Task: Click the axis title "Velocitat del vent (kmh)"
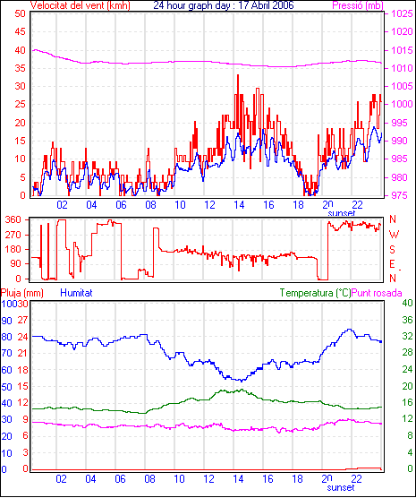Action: pos(81,5)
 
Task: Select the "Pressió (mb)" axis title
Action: pos(358,5)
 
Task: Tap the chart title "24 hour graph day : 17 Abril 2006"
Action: pos(224,5)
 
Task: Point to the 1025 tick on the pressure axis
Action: pos(402,13)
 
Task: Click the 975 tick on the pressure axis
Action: pos(402,195)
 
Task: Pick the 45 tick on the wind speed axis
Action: pos(20,31)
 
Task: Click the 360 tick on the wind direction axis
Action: pos(13,219)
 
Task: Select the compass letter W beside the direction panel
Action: pos(394,235)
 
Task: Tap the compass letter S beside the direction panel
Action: pos(392,250)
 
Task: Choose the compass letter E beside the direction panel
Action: pos(392,264)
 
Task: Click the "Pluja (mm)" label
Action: pos(21,293)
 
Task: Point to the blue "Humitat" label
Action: pos(76,293)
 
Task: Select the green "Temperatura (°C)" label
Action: pos(316,293)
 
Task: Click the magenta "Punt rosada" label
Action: pos(377,293)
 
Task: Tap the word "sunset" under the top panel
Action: pos(341,213)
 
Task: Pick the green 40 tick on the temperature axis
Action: pos(407,303)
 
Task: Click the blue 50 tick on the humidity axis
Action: pos(6,387)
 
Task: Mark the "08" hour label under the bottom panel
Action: pos(149,478)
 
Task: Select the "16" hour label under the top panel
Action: pos(268,205)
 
